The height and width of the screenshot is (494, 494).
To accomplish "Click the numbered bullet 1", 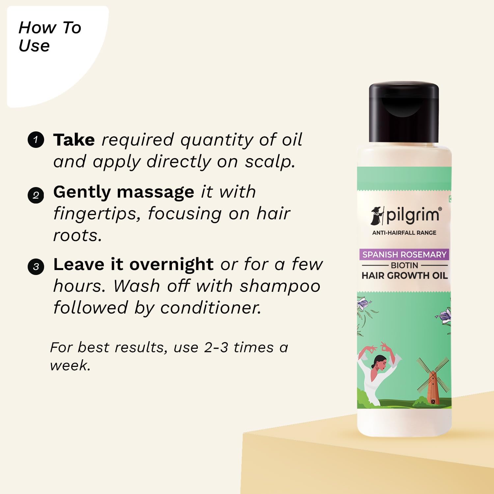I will coord(36,140).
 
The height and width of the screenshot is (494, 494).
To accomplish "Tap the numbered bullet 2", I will coord(36,195).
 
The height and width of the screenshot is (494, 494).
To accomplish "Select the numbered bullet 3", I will coord(36,266).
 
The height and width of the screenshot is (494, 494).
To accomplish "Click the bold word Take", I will coord(74,140).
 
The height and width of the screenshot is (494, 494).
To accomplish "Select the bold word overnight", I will coord(171,264).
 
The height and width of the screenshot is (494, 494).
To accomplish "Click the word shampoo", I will coord(280,286).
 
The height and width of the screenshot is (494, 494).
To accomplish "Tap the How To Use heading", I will coord(49,36).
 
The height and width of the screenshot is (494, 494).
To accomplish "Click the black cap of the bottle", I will coord(404,112).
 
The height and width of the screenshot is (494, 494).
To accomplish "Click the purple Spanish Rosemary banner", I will coord(404,254).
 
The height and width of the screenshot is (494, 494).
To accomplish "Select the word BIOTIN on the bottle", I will coord(404,265).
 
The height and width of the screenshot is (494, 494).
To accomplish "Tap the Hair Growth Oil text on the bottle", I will coord(404,276).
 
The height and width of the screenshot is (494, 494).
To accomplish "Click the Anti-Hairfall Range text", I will coord(404,233).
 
